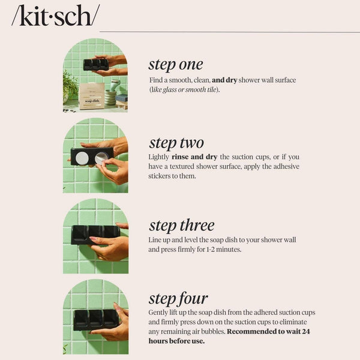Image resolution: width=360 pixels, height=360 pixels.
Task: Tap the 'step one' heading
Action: click(x=175, y=64)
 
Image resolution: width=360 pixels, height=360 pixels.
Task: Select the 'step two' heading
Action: click(x=176, y=143)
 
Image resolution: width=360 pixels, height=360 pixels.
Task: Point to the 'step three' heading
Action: click(x=181, y=226)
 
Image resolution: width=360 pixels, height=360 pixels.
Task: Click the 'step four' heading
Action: click(x=178, y=298)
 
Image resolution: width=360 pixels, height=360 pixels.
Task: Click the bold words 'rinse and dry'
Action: click(x=191, y=157)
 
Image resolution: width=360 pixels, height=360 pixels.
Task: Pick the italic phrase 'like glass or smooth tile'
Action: click(x=184, y=89)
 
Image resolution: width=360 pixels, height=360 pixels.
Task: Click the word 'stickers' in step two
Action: click(x=163, y=176)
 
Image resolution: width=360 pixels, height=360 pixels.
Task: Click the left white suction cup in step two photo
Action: click(x=82, y=157)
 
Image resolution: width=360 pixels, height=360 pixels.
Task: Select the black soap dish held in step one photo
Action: click(x=95, y=64)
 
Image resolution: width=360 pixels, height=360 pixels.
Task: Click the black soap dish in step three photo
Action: click(x=95, y=233)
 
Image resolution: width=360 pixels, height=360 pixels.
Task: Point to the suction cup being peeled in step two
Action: click(x=101, y=157)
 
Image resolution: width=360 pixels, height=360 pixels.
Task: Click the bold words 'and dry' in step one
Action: click(x=224, y=80)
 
